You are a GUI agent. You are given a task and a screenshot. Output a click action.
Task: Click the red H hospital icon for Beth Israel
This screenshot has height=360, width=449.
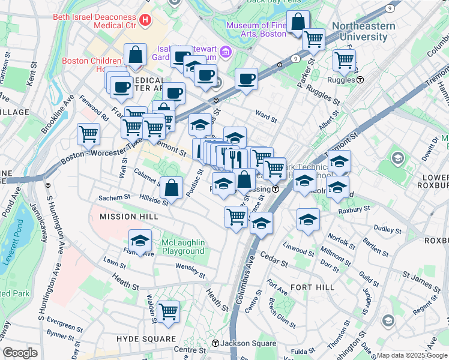144,20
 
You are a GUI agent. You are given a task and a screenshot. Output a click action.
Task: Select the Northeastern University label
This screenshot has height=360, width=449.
364,31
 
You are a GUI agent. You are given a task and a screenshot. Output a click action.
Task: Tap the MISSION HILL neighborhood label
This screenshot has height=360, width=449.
121,216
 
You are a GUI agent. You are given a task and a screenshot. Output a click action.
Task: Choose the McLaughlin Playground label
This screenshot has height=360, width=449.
182,247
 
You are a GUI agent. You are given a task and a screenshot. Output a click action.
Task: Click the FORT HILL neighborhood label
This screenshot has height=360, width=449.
312,287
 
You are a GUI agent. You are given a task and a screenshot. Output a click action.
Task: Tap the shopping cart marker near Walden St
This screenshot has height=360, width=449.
169,310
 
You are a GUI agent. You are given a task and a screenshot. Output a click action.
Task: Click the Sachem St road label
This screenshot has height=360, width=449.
114,197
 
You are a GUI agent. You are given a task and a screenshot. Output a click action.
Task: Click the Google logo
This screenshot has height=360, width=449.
20,353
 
